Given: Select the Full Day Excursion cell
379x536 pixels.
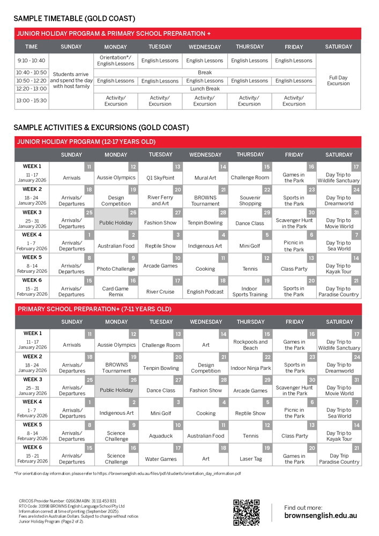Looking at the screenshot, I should (338, 80).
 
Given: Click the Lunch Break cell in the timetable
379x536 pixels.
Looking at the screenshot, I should (205, 89).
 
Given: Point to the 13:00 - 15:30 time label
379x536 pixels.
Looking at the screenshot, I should (32, 100).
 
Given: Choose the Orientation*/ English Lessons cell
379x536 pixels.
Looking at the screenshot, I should (116, 61).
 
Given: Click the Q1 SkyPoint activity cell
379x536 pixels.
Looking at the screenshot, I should (160, 178).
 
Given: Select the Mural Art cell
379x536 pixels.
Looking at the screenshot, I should (205, 178).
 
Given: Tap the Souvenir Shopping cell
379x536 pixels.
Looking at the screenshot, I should (250, 200).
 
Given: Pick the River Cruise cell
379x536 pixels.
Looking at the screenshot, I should (160, 292).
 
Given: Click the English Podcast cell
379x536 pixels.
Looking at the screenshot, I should (205, 292).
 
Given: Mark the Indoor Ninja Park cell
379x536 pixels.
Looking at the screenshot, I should (250, 368).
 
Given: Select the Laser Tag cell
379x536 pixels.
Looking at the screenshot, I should (250, 459).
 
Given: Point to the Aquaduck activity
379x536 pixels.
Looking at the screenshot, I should (161, 436).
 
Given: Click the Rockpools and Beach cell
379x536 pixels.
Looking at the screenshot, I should (250, 345).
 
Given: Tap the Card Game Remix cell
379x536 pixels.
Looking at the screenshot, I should (116, 292).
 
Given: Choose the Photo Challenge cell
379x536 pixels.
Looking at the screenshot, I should (116, 269).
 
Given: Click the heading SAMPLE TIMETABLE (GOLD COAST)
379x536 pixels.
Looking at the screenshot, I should (75, 19).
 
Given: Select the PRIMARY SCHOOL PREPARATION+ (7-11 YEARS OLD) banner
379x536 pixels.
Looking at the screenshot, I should (94, 309).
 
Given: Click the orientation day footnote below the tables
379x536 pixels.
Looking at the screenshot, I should (128, 474).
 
